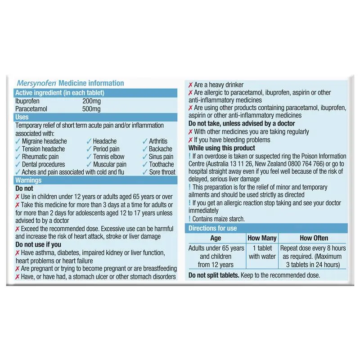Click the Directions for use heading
[x=213, y=228]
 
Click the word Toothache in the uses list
[x=162, y=165]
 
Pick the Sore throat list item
[x=162, y=172]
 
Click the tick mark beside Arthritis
[x=145, y=141]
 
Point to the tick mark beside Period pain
[x=89, y=149]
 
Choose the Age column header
[x=216, y=238]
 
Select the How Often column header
[x=313, y=238]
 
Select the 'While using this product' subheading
[x=222, y=148]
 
